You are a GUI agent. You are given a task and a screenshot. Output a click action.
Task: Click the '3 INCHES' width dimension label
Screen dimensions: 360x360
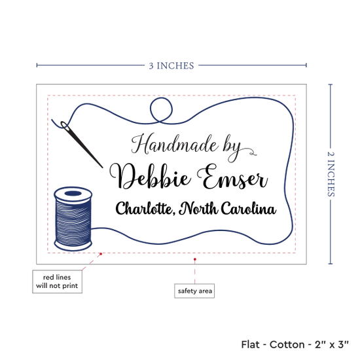tap(171, 65)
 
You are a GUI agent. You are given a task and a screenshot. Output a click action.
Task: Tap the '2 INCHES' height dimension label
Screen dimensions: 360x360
tap(331, 174)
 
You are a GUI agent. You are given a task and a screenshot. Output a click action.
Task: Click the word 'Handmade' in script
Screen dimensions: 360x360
tap(174, 144)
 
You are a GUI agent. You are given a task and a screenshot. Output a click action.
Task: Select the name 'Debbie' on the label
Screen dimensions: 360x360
tap(150, 176)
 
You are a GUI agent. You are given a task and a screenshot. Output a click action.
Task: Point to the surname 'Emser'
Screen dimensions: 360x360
tap(232, 177)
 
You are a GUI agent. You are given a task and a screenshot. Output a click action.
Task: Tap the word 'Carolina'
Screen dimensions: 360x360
tap(249, 208)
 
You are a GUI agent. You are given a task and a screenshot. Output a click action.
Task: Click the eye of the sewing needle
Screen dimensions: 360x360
tap(65, 125)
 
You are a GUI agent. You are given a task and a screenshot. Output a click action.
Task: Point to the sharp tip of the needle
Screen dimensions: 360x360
tap(102, 168)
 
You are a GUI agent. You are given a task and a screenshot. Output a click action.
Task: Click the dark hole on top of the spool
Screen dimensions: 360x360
tap(73, 193)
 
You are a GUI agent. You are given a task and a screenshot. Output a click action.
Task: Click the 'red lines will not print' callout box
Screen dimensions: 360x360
tap(57, 281)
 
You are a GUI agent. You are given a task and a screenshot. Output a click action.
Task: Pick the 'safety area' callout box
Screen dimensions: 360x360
tap(194, 291)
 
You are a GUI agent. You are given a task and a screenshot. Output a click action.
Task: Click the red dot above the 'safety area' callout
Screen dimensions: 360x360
tap(194, 259)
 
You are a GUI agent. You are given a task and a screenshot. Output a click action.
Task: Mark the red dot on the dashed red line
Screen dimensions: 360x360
tap(101, 254)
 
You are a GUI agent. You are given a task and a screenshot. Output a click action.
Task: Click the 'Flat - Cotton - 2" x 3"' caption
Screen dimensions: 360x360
tap(295, 344)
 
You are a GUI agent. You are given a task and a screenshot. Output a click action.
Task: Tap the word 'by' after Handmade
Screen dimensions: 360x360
tap(232, 147)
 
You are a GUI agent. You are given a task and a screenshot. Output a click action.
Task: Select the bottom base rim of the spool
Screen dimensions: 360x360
tap(73, 245)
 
